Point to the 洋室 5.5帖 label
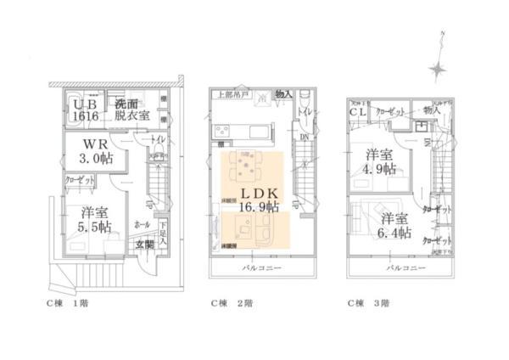point(94,220)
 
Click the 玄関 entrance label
point(144,245)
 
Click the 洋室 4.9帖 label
point(379,161)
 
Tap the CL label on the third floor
point(358,110)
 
